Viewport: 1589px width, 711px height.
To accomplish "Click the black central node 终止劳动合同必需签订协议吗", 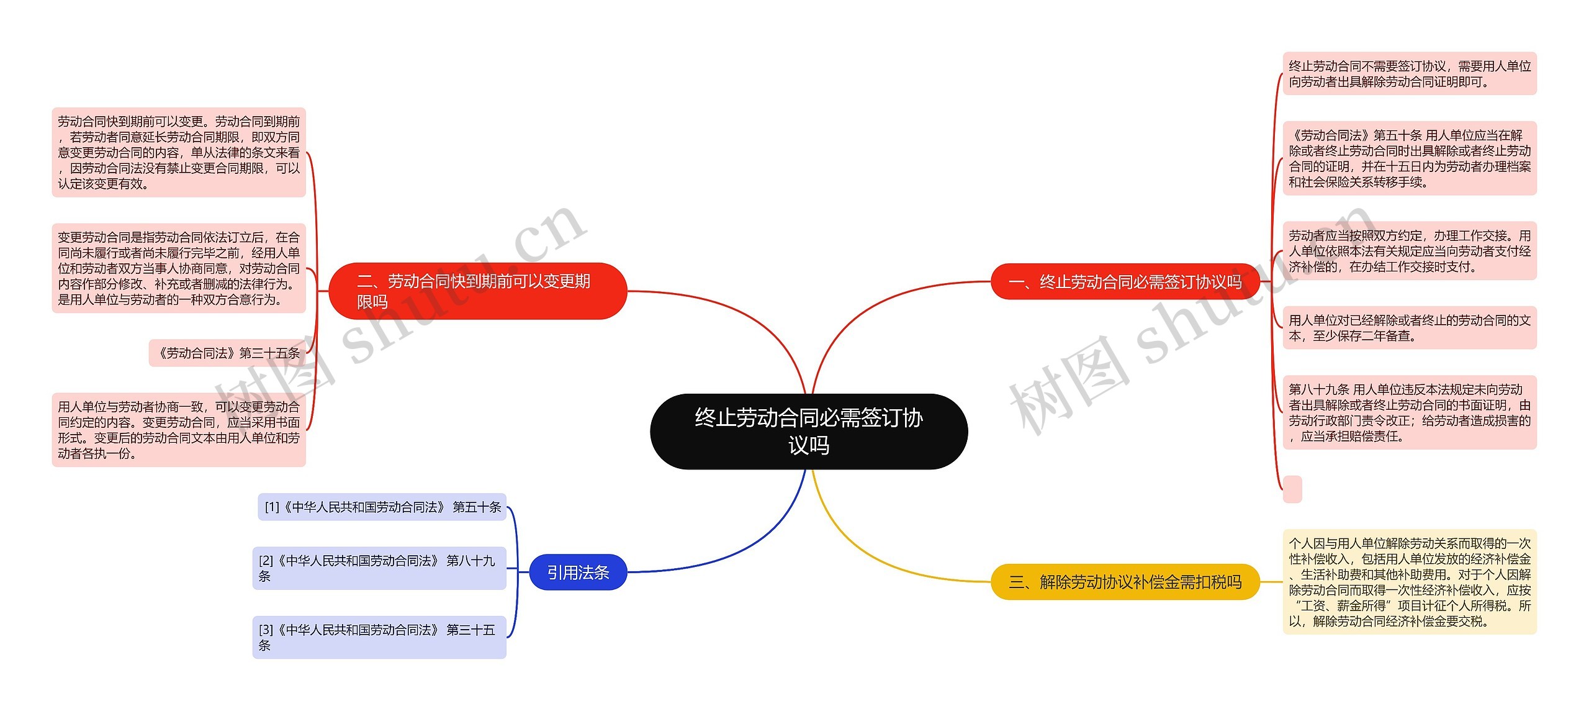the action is tap(808, 431).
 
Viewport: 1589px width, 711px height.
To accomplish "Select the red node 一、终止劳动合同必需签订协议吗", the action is tap(1124, 282).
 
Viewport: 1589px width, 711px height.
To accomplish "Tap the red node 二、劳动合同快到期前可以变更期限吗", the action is tap(477, 291).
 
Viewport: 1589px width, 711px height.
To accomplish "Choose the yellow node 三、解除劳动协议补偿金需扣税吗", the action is tap(1124, 582).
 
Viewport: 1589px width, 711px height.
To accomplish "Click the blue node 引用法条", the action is tap(578, 572).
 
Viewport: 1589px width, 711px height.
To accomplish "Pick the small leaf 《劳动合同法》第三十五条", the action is tap(227, 353).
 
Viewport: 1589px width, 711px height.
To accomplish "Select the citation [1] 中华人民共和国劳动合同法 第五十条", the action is tap(382, 507).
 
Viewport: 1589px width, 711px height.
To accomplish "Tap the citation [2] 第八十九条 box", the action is tap(379, 568).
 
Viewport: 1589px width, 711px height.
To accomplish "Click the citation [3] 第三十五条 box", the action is tap(379, 637).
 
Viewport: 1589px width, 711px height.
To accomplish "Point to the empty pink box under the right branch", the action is tap(1292, 489).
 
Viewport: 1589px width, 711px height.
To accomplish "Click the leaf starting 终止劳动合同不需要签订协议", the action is tap(1409, 74).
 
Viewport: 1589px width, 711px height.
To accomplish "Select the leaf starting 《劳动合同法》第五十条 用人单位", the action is tap(1409, 158).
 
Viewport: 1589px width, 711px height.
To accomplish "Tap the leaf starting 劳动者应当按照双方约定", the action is tap(1409, 251).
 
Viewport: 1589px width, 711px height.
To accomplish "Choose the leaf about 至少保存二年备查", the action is tap(1409, 328).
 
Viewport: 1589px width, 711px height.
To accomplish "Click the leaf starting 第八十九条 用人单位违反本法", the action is tap(1409, 412).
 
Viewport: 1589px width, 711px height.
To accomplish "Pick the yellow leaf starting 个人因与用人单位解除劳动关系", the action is tap(1409, 582).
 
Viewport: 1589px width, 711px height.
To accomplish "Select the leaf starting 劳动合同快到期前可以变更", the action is tap(179, 152).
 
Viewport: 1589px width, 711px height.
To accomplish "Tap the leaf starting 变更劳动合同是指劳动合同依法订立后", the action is tap(179, 268).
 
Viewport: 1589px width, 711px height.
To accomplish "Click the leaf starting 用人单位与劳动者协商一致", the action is tap(179, 430).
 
